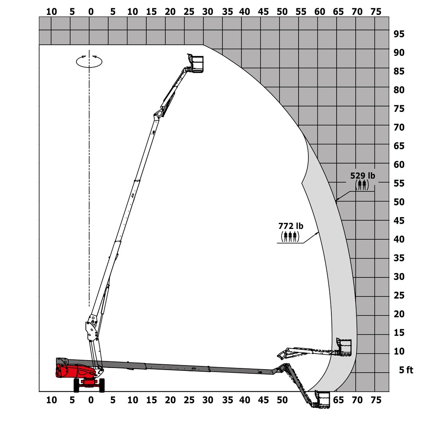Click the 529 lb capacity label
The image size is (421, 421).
pyautogui.click(x=362, y=176)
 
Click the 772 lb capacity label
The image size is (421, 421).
pyautogui.click(x=290, y=226)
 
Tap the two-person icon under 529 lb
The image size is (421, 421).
pyautogui.click(x=362, y=185)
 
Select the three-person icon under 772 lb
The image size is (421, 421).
pyautogui.click(x=290, y=236)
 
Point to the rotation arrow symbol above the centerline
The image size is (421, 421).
pyautogui.click(x=89, y=61)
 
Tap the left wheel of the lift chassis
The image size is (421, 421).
pyautogui.click(x=76, y=385)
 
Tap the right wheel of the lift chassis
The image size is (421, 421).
pyautogui.click(x=102, y=385)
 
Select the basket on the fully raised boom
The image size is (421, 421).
pyautogui.click(x=197, y=63)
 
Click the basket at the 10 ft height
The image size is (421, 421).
pyautogui.click(x=344, y=348)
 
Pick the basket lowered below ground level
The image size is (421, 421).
pyautogui.click(x=322, y=400)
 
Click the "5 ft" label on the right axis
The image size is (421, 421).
pyautogui.click(x=406, y=370)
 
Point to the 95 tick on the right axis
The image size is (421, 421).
pyautogui.click(x=398, y=34)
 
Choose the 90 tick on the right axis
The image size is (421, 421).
pyautogui.click(x=398, y=53)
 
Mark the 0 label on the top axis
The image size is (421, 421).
pyautogui.click(x=91, y=12)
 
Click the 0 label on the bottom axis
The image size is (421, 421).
pyautogui.click(x=91, y=400)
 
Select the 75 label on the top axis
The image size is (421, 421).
pyautogui.click(x=376, y=12)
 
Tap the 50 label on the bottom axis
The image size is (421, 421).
pyautogui.click(x=282, y=400)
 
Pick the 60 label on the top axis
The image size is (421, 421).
pyautogui.click(x=319, y=12)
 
